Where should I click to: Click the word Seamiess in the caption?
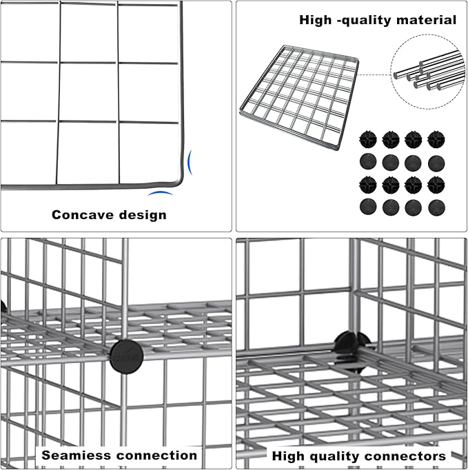pos(74,455)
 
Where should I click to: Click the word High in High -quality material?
pos(315,20)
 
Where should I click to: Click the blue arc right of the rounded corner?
pos(190,163)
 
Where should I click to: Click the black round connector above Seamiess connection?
pos(126,356)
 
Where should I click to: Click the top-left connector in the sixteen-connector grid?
pos(368,139)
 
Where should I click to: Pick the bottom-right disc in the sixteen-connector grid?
pos(436,207)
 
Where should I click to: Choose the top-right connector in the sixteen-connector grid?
pos(436,139)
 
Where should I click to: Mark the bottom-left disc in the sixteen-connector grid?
pos(368,207)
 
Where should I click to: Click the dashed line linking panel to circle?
pos(376,74)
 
